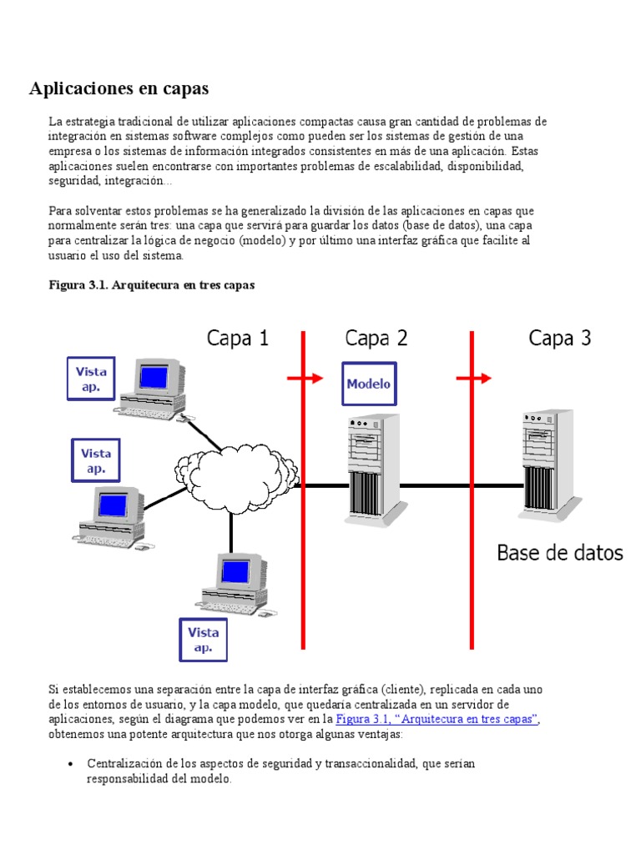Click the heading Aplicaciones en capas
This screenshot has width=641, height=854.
pos(119,88)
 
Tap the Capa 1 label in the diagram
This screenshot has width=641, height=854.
pos(238,338)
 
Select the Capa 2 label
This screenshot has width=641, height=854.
pos(376,338)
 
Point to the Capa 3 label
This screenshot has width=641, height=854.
pos(560,338)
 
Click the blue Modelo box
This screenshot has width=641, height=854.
pos(368,384)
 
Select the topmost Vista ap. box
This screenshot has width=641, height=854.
pos(91,379)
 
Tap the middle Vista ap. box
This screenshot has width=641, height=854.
pos(96,460)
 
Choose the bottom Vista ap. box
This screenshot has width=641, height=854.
pos(204,639)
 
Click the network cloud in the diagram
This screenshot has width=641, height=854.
pos(236,481)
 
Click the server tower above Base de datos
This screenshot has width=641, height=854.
pos(547,463)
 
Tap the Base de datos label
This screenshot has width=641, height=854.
pos(560,552)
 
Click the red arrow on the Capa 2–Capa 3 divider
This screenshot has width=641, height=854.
pos(475,379)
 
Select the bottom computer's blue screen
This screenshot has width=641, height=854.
pos(235,572)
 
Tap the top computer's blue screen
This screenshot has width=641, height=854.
pos(154,377)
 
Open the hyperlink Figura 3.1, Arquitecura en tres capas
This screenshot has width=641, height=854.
pos(437,719)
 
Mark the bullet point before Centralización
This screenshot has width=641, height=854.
pos(71,764)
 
